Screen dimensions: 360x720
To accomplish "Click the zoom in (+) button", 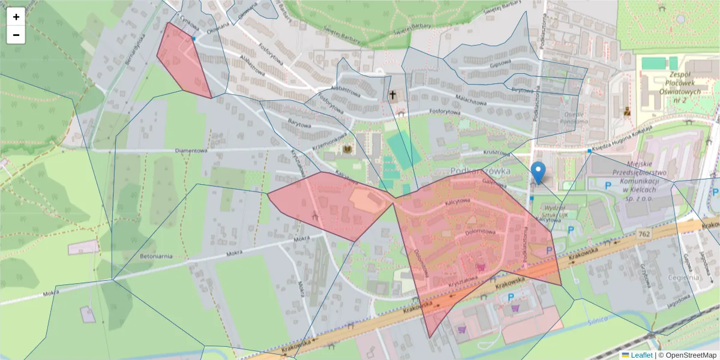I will [x=16, y=17].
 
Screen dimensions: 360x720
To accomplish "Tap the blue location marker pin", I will [x=539, y=172].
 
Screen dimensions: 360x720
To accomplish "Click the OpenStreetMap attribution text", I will [x=691, y=355].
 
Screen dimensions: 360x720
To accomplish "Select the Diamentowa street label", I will [x=191, y=151].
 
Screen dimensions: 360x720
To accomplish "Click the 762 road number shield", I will [x=644, y=233].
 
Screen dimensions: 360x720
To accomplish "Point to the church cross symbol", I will [x=393, y=95].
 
